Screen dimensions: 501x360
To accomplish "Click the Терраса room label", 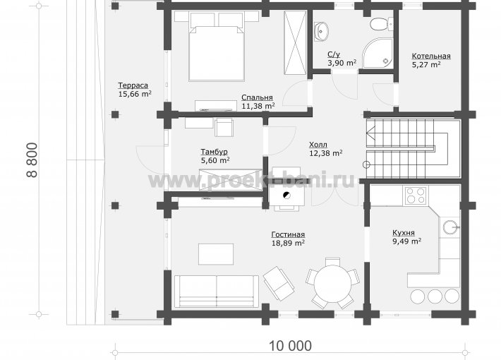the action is click(133, 85).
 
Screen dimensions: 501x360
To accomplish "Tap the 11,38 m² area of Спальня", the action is click(258, 106).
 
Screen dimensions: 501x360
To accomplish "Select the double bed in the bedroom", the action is click(217, 47).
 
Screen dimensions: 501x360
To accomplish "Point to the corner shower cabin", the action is click(378, 53).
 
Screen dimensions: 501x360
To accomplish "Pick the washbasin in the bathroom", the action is click(321, 32).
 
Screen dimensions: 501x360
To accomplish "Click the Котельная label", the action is click(431, 56).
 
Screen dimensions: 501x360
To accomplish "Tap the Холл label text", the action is click(318, 145).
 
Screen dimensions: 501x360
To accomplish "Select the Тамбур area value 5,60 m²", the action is click(215, 160).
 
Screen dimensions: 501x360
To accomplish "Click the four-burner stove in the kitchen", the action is click(416, 196).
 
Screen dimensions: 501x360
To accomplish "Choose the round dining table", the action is click(332, 284).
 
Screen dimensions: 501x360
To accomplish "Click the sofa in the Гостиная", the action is click(217, 292).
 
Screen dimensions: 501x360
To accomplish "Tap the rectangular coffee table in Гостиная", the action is click(216, 254).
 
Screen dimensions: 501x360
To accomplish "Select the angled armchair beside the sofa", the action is click(279, 283).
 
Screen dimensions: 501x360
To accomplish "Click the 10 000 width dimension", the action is click(290, 346).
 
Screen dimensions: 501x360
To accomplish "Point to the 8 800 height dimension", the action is click(32, 160).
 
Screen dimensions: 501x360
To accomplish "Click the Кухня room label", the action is click(403, 233).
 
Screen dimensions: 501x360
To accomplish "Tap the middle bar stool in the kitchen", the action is click(435, 296).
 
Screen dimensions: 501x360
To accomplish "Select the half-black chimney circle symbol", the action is click(287, 196).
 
